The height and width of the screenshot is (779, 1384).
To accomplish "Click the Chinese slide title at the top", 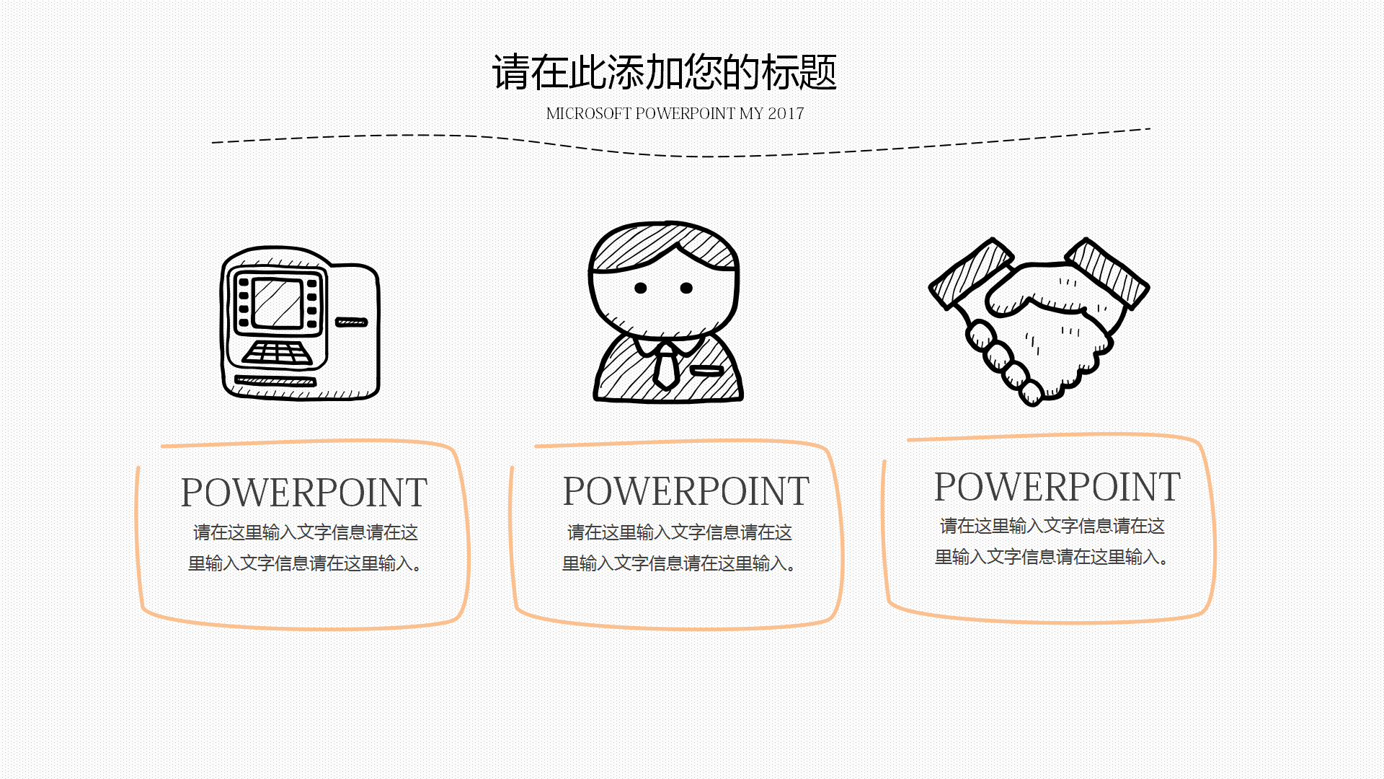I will tap(664, 72).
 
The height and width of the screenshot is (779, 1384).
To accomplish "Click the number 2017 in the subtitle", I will tap(786, 114).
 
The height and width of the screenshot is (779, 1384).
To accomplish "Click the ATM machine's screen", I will tap(278, 303).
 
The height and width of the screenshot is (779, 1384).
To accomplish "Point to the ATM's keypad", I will tap(278, 353).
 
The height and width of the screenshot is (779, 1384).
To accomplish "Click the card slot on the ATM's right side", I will tap(351, 322).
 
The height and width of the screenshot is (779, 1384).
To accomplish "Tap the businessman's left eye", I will tap(640, 288).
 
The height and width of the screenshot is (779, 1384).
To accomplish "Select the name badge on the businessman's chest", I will tap(706, 371).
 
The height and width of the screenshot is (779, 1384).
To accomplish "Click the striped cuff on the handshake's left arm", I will tap(970, 274).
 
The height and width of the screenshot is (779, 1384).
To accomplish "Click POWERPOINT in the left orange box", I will tap(303, 493).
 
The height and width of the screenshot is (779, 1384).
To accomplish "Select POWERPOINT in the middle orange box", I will tap(686, 491).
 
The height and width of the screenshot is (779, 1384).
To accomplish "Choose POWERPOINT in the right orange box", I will tap(1057, 487).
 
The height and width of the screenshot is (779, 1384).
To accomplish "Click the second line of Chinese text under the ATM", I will tap(304, 563).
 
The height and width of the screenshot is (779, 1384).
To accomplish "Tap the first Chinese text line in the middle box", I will tap(679, 532).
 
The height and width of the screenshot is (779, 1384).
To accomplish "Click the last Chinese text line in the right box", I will tap(1051, 557).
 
